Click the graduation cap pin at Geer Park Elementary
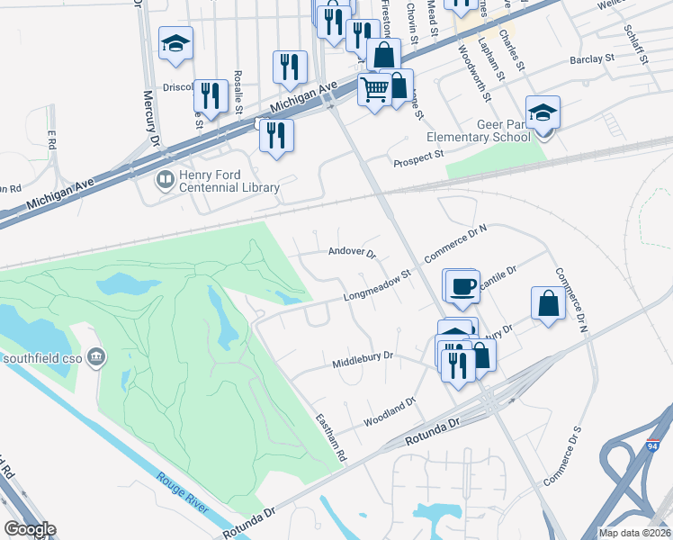pyautogui.click(x=543, y=112)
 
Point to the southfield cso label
pyautogui.click(x=44, y=358)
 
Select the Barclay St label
pyautogui.click(x=590, y=59)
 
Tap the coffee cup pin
pyautogui.click(x=463, y=286)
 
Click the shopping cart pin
pyautogui.click(x=374, y=89)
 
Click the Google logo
pyautogui.click(x=29, y=529)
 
